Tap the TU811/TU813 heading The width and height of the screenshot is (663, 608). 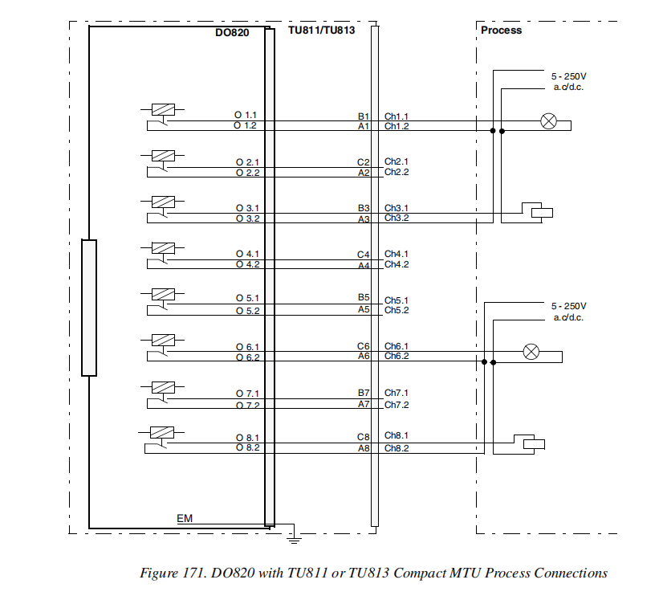coord(321,30)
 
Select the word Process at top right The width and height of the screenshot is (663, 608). coord(501,30)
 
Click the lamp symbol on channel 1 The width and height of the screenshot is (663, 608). coord(549,121)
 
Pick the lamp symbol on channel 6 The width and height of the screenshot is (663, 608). coord(531,351)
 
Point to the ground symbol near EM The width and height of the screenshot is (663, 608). coord(294,535)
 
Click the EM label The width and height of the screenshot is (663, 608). coord(185,519)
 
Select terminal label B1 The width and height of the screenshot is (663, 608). coord(363,116)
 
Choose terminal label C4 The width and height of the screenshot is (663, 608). coord(363,255)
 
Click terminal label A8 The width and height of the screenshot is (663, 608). coord(363,448)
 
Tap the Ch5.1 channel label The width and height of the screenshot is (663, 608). coord(397,300)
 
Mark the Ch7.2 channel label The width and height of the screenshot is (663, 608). coord(397,405)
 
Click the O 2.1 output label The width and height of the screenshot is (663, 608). coord(246,162)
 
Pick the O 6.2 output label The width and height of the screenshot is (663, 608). coord(246,357)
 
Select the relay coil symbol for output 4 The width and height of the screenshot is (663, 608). coord(164,248)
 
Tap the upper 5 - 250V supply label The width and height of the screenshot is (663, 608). coord(567,76)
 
